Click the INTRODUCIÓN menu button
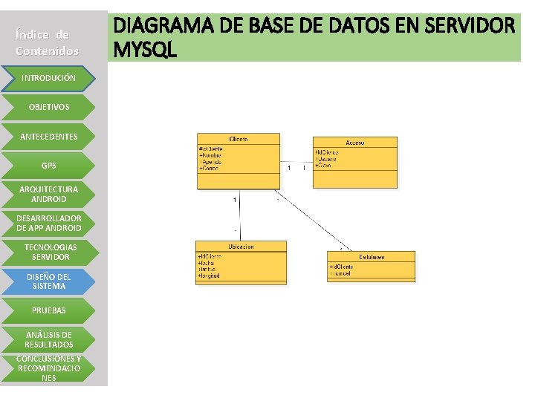tap(48, 78)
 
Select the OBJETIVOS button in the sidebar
tap(48, 107)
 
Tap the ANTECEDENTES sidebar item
tap(48, 137)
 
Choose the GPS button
tap(48, 166)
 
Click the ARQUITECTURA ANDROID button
tap(48, 194)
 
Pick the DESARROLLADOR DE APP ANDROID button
tap(48, 223)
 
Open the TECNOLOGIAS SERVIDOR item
tap(48, 252)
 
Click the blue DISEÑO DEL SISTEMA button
tap(48, 281)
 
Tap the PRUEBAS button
tap(48, 310)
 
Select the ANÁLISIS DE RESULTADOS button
tap(48, 339)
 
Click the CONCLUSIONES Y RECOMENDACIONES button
tap(48, 368)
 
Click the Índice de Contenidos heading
tap(47, 42)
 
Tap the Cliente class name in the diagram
tap(239, 139)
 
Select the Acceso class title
tap(354, 143)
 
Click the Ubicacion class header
tap(240, 247)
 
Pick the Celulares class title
tap(371, 257)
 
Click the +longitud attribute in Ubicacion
tap(209, 276)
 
